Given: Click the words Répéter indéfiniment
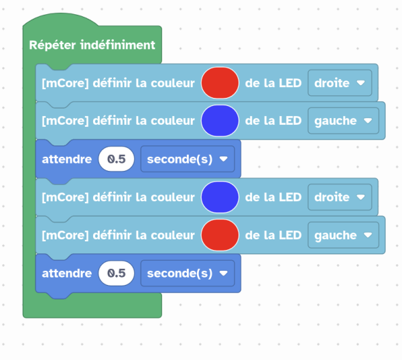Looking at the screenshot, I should (92, 46).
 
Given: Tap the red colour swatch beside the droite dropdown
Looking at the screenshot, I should (220, 82).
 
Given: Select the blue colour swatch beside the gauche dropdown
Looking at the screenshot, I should (220, 121).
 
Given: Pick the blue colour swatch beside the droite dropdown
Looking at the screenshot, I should (220, 197).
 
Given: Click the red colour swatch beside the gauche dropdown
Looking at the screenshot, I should (220, 235).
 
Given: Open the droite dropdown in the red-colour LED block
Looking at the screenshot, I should (339, 82).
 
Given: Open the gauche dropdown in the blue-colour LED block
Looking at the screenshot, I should (342, 121).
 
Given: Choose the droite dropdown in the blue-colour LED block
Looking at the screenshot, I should (339, 197).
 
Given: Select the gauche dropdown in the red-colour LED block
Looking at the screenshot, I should (342, 235).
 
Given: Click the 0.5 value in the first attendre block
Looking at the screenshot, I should (117, 159).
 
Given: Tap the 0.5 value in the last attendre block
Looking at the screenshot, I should (117, 274).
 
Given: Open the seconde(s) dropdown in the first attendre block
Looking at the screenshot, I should (187, 159).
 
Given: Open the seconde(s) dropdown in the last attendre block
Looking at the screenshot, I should (187, 274).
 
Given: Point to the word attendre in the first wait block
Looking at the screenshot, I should (66, 159).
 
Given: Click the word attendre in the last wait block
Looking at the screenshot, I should (66, 274).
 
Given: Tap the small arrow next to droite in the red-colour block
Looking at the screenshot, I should (360, 83).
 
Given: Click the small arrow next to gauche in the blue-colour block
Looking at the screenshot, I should (367, 121).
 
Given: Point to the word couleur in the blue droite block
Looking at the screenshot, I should (176, 197).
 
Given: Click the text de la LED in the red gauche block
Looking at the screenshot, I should (273, 235).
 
